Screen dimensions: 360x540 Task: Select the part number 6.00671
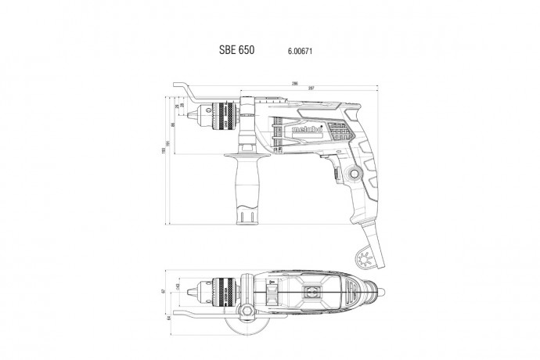point(290,49)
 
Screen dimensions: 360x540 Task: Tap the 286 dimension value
point(273,82)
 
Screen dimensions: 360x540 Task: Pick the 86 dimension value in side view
point(173,124)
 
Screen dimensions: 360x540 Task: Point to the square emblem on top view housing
point(311,293)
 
